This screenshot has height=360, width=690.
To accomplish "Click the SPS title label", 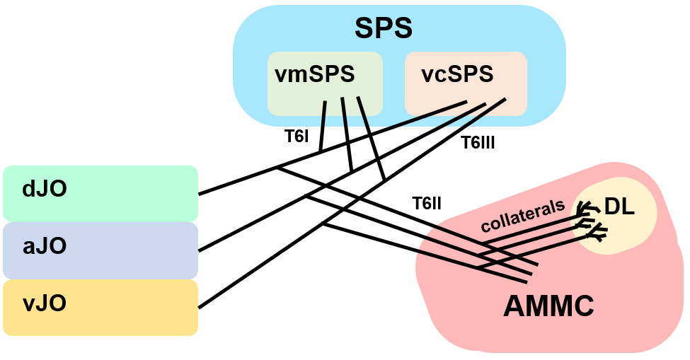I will coord(384,29).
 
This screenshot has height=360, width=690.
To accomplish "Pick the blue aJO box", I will coord(100,250).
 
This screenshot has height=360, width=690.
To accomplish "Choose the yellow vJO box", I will coord(100,307).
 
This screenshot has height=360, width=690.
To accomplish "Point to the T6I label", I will coord(297,137).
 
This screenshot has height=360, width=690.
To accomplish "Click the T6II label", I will coord(427,204).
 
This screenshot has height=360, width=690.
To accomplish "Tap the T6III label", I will coord(478,143).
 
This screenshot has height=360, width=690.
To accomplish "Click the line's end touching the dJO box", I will coord(200,193).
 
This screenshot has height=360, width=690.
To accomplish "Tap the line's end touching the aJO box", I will coord(200,250).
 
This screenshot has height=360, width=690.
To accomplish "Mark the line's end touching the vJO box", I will coord(200,308).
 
